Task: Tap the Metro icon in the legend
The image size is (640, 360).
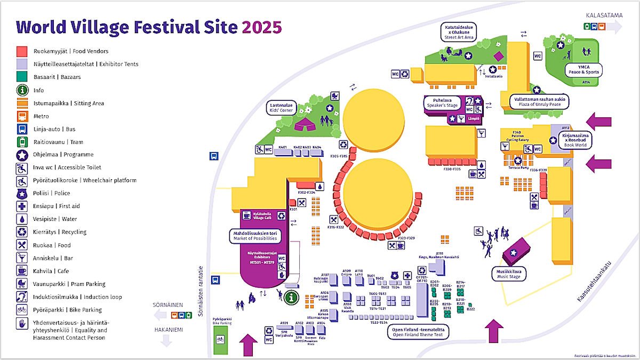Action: point(22,116)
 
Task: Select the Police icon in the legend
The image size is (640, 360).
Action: point(22,194)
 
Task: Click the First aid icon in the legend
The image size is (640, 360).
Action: point(22,206)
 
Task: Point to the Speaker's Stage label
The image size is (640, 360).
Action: point(442,102)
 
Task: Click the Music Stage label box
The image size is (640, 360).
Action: point(508,274)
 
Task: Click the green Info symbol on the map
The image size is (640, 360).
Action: point(291,298)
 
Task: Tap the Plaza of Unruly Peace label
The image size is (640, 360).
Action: point(538,101)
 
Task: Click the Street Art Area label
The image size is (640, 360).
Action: point(460,32)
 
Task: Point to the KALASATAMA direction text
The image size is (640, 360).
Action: point(604,15)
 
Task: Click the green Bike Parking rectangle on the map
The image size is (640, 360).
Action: point(220,339)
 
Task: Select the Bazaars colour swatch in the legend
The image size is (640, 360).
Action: point(22,77)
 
